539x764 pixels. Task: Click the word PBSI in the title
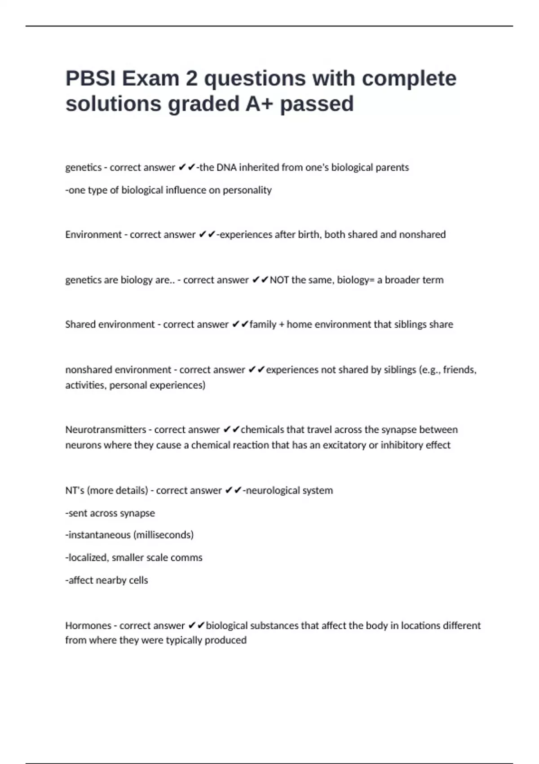[90, 79]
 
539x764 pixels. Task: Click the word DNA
[226, 168]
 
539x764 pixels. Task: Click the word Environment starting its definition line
[93, 235]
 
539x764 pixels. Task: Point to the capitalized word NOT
[279, 280]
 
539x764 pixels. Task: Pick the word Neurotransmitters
[106, 430]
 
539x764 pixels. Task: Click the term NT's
[75, 490]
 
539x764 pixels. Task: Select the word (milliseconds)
[163, 535]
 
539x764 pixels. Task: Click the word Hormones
[88, 626]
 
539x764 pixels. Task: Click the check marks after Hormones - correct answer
[196, 626]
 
